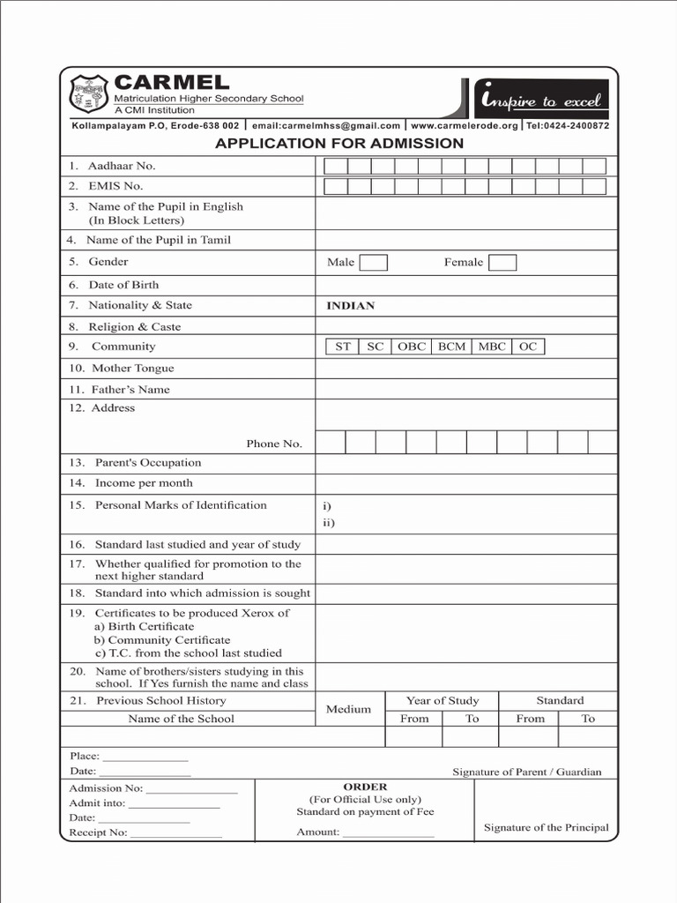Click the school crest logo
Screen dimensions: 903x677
89,93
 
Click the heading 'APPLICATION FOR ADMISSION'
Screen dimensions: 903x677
339,143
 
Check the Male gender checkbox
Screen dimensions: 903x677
374,262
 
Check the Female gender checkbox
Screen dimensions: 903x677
502,262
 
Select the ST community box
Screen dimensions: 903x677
342,347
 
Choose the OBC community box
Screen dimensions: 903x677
411,347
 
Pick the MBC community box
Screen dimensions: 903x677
492,347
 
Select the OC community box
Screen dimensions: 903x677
528,347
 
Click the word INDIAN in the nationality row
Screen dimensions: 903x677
351,306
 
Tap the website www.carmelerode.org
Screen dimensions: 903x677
465,126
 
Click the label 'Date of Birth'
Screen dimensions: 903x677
123,285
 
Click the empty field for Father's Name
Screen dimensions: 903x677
465,389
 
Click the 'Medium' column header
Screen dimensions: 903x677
348,709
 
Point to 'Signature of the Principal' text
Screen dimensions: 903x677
546,827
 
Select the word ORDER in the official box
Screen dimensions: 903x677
365,787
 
